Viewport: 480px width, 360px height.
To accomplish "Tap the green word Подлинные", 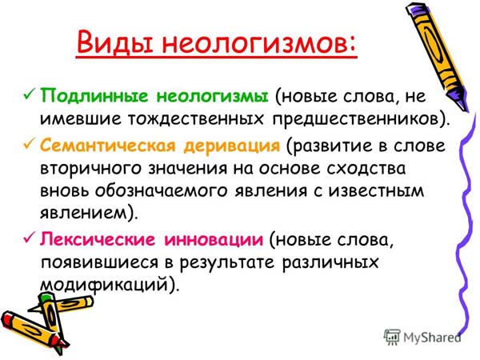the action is (x=94, y=96).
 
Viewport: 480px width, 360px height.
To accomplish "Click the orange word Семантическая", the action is (x=108, y=145).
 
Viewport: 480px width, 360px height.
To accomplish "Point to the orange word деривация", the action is (x=232, y=146).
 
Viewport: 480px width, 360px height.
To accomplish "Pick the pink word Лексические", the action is (x=99, y=238).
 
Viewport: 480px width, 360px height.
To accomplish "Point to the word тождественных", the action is (x=195, y=119).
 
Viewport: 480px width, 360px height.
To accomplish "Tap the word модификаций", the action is (x=105, y=286).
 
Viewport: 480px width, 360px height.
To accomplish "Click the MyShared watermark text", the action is (x=432, y=338).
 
